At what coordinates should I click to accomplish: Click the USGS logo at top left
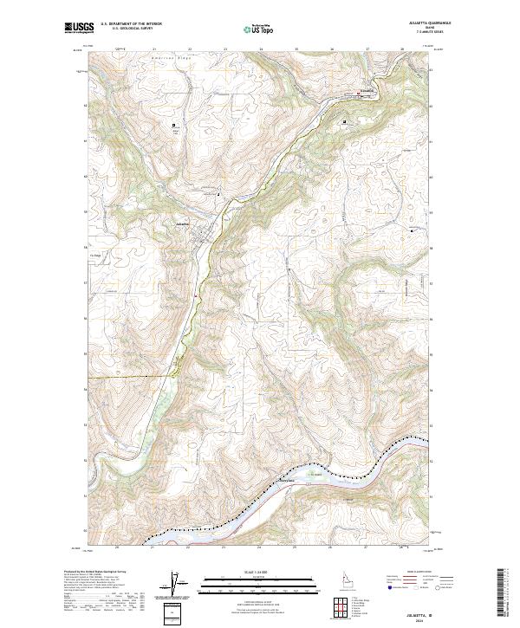pyautogui.click(x=79, y=29)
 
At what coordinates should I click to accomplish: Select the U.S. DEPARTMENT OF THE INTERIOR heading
pyautogui.click(x=131, y=24)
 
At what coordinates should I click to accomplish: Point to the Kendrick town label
pyautogui.click(x=367, y=90)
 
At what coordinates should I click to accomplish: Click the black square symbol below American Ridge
pyautogui.click(x=174, y=125)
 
